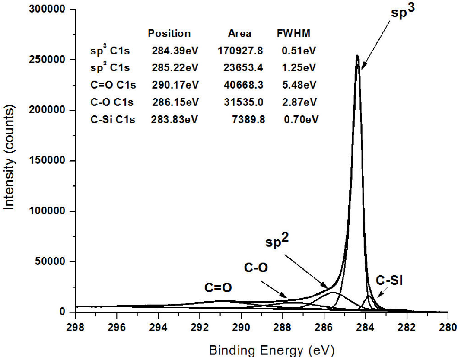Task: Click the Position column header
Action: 169,33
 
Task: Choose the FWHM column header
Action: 293,33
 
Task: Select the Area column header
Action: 239,33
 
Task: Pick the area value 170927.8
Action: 240,51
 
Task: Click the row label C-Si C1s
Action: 113,120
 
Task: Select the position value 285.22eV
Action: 175,68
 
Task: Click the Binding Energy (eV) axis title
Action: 272,349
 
